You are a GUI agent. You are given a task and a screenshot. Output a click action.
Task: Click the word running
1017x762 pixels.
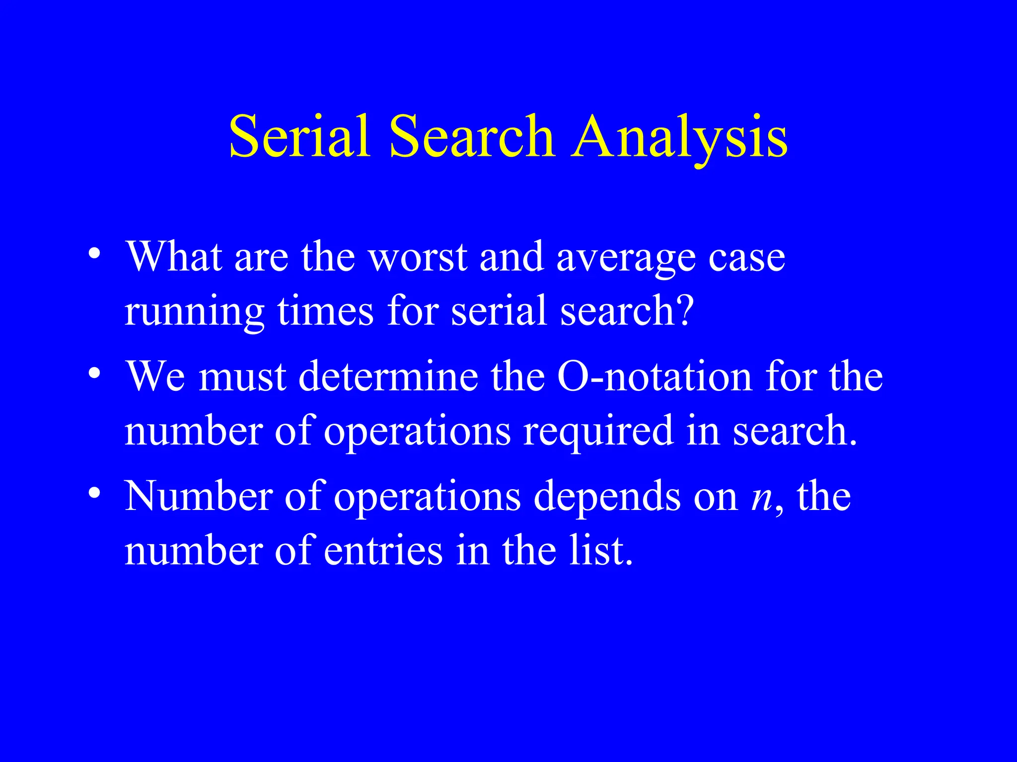pos(194,312)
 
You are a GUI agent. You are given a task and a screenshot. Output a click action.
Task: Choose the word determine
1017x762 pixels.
pos(388,376)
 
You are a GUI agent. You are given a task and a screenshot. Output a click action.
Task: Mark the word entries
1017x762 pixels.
pos(383,551)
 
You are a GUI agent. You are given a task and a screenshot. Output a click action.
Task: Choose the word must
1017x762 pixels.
pos(242,376)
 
